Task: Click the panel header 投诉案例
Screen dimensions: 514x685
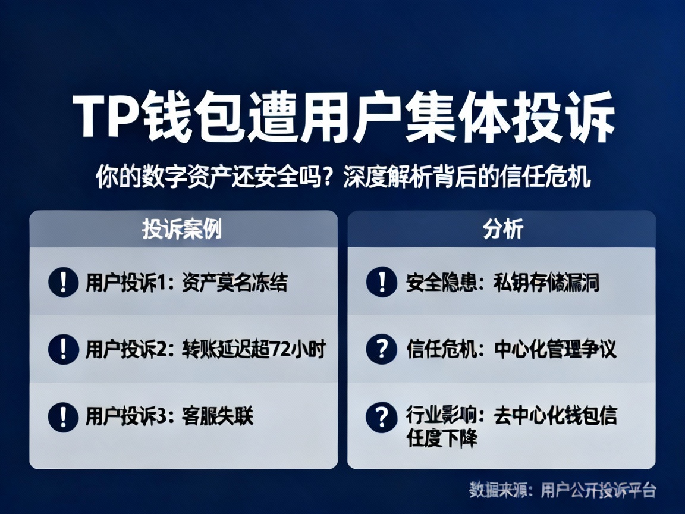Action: pyautogui.click(x=182, y=229)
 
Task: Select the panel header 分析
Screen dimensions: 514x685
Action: pyautogui.click(x=502, y=229)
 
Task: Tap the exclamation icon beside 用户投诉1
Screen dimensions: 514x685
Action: pyautogui.click(x=63, y=281)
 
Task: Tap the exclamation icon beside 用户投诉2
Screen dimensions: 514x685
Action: pyautogui.click(x=63, y=349)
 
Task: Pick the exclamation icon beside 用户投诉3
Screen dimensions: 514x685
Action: pyautogui.click(x=63, y=416)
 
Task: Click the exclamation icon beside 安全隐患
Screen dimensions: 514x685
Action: pyautogui.click(x=381, y=281)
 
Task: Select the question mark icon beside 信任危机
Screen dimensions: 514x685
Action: pyautogui.click(x=381, y=349)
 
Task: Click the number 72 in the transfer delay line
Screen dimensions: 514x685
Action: pyautogui.click(x=281, y=349)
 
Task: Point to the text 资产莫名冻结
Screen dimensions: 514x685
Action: pyautogui.click(x=234, y=282)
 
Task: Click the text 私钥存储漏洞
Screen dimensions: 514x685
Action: pyautogui.click(x=546, y=282)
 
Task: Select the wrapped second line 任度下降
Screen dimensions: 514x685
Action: pyautogui.click(x=442, y=438)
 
